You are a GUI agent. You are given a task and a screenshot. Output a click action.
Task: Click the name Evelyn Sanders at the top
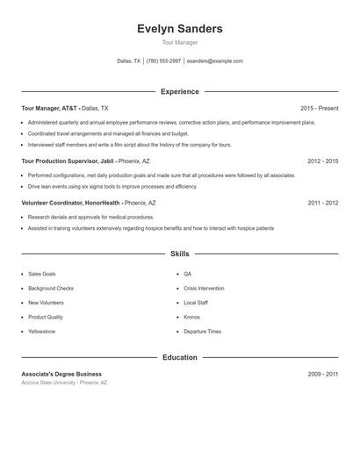coord(179,29)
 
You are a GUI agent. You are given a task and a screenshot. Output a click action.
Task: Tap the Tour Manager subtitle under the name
coord(179,42)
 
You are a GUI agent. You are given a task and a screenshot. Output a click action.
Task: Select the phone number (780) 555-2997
coord(163,61)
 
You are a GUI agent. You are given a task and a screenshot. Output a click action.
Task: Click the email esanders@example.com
coord(214,61)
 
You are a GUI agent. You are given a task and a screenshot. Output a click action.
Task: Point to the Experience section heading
coord(179,91)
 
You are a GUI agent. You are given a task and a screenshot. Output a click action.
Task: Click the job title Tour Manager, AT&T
coord(50,108)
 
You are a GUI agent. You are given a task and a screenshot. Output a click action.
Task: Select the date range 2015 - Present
coord(319,108)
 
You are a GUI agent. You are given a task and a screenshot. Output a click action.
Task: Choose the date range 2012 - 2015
coord(322,161)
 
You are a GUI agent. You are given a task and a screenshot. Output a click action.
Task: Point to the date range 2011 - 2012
coord(322,203)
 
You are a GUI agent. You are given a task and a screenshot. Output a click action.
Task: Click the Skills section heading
coord(179,254)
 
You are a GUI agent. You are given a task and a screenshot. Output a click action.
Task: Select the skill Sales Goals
coord(41,274)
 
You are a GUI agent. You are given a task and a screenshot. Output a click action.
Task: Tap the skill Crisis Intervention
coord(204,288)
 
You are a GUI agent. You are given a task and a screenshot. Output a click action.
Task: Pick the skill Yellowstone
coord(41,332)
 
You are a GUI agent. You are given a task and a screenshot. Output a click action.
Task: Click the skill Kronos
coord(191,317)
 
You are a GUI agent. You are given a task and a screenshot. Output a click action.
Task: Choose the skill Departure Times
coord(202,332)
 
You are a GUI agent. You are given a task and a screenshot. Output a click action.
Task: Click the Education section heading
coord(179,357)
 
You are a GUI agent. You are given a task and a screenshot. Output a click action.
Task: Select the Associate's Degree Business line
coord(61,374)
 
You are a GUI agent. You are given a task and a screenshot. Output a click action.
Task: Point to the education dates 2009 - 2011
coord(322,374)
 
